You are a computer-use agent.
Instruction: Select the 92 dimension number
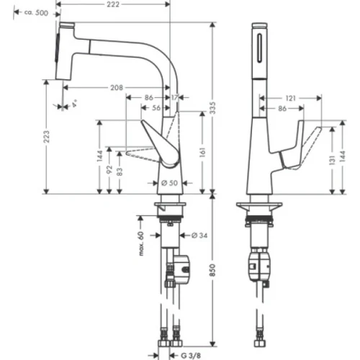pos(109,171)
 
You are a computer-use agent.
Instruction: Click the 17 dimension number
pos(176,97)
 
